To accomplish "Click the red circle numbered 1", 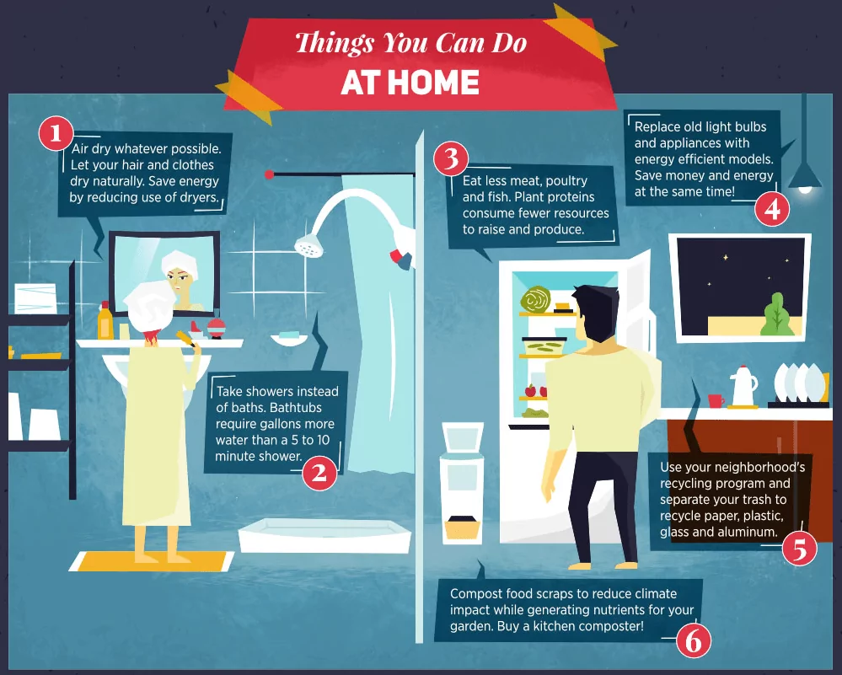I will coord(56,132).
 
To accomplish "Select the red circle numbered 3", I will coord(451,158).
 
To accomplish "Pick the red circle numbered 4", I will coord(772,209).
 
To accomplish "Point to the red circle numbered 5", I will coord(799,548).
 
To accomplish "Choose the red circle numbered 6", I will coord(693,642).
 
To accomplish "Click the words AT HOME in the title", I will coord(410,83).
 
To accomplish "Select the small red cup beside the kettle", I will coord(716,400).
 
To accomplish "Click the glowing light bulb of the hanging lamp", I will coord(805,190).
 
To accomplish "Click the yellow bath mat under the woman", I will coord(152,560).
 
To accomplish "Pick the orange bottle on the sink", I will coord(105,321).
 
